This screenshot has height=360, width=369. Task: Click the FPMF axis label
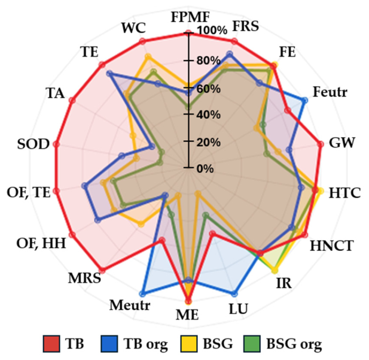190,17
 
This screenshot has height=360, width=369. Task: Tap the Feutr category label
330,92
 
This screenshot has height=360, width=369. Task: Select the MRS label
85,278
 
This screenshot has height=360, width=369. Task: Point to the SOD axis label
33,144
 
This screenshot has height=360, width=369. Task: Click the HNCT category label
332,246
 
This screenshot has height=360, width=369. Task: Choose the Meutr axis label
130,305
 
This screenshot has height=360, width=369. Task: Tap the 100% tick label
212,31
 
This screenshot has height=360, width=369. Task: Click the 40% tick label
209,115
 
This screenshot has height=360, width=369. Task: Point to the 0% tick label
205,169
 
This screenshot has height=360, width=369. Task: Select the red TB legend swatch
51,343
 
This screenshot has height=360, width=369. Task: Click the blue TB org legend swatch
109,343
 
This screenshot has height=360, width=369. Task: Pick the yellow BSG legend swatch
189,343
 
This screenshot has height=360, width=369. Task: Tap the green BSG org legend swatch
252,343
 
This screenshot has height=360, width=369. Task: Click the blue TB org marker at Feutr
304,101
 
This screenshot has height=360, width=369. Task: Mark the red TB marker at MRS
103,270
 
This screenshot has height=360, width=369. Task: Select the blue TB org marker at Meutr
142,294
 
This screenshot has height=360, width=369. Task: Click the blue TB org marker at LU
234,294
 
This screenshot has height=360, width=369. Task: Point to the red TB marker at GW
321,144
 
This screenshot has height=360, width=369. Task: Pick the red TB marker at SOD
56,144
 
